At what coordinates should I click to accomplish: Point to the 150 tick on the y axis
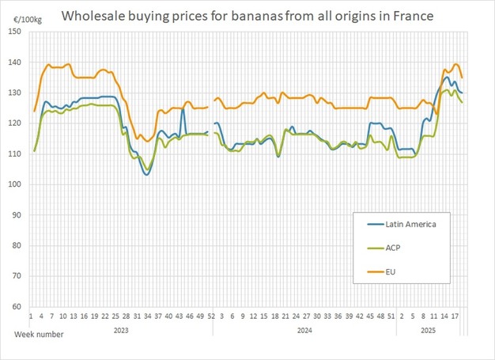click(x=15, y=32)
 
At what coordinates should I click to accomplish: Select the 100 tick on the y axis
click(x=15, y=184)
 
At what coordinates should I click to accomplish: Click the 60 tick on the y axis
click(x=17, y=306)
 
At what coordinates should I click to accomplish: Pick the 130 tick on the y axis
click(x=15, y=93)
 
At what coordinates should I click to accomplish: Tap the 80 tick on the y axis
click(x=17, y=245)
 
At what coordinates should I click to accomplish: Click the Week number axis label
click(x=39, y=334)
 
